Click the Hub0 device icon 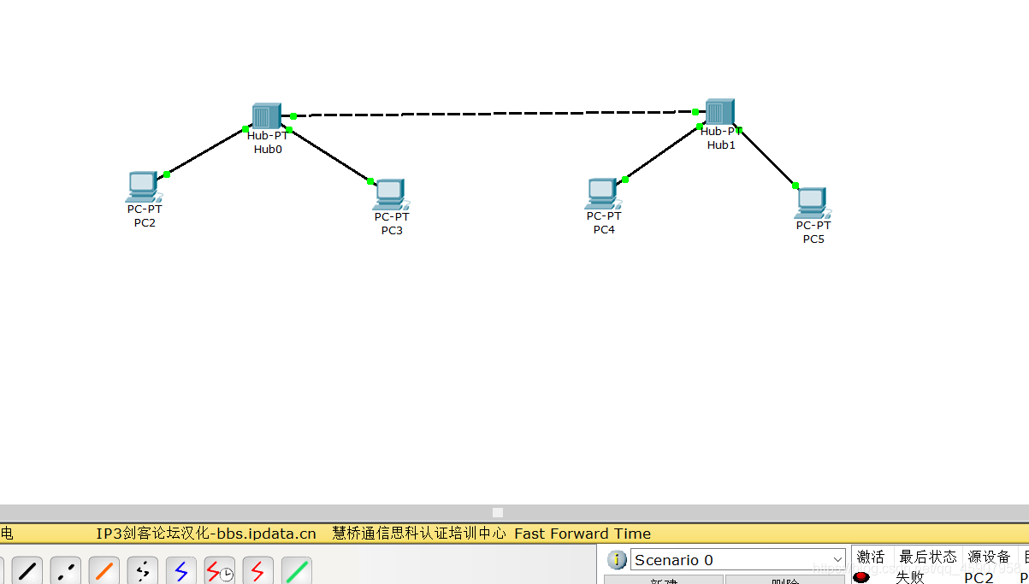[x=266, y=116]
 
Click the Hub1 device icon [x=719, y=112]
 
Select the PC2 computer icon [x=142, y=186]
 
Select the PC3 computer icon [x=389, y=194]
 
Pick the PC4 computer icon [x=601, y=193]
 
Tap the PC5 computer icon [x=811, y=203]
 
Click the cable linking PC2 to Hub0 [x=206, y=151]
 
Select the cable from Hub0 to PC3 [x=329, y=155]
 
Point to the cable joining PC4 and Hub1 [x=662, y=153]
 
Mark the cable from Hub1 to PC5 [x=767, y=157]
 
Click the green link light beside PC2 [x=167, y=174]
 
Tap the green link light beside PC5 [x=795, y=186]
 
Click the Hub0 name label [x=268, y=149]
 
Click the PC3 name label [x=392, y=230]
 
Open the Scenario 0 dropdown [x=737, y=560]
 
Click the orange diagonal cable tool [x=104, y=570]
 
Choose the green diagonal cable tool [x=296, y=570]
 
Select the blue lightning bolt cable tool [x=180, y=570]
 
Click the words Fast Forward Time [x=583, y=534]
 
